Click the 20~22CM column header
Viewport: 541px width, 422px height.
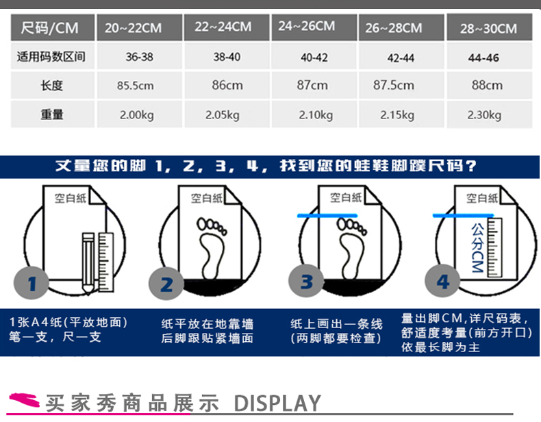(x=140, y=27)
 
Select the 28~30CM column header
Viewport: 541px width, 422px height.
(x=489, y=27)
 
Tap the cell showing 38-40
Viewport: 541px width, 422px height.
(x=227, y=57)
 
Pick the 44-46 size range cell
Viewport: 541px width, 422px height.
(x=489, y=57)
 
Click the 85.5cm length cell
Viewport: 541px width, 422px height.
(x=140, y=85)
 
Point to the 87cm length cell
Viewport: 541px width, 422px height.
(x=314, y=85)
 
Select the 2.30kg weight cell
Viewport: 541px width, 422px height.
(x=489, y=114)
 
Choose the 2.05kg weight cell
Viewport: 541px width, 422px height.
(x=227, y=114)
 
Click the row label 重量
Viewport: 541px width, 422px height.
(x=53, y=114)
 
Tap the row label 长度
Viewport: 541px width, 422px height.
(x=53, y=85)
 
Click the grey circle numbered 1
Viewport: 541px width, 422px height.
(x=32, y=284)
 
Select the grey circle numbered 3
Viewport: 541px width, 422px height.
(x=306, y=281)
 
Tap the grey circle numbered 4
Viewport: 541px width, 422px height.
(x=442, y=281)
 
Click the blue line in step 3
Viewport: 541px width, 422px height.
(x=327, y=216)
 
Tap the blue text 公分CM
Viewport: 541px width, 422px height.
(x=477, y=247)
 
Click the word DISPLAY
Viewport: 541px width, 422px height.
(x=277, y=403)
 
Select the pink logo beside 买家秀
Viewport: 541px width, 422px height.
(x=24, y=400)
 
